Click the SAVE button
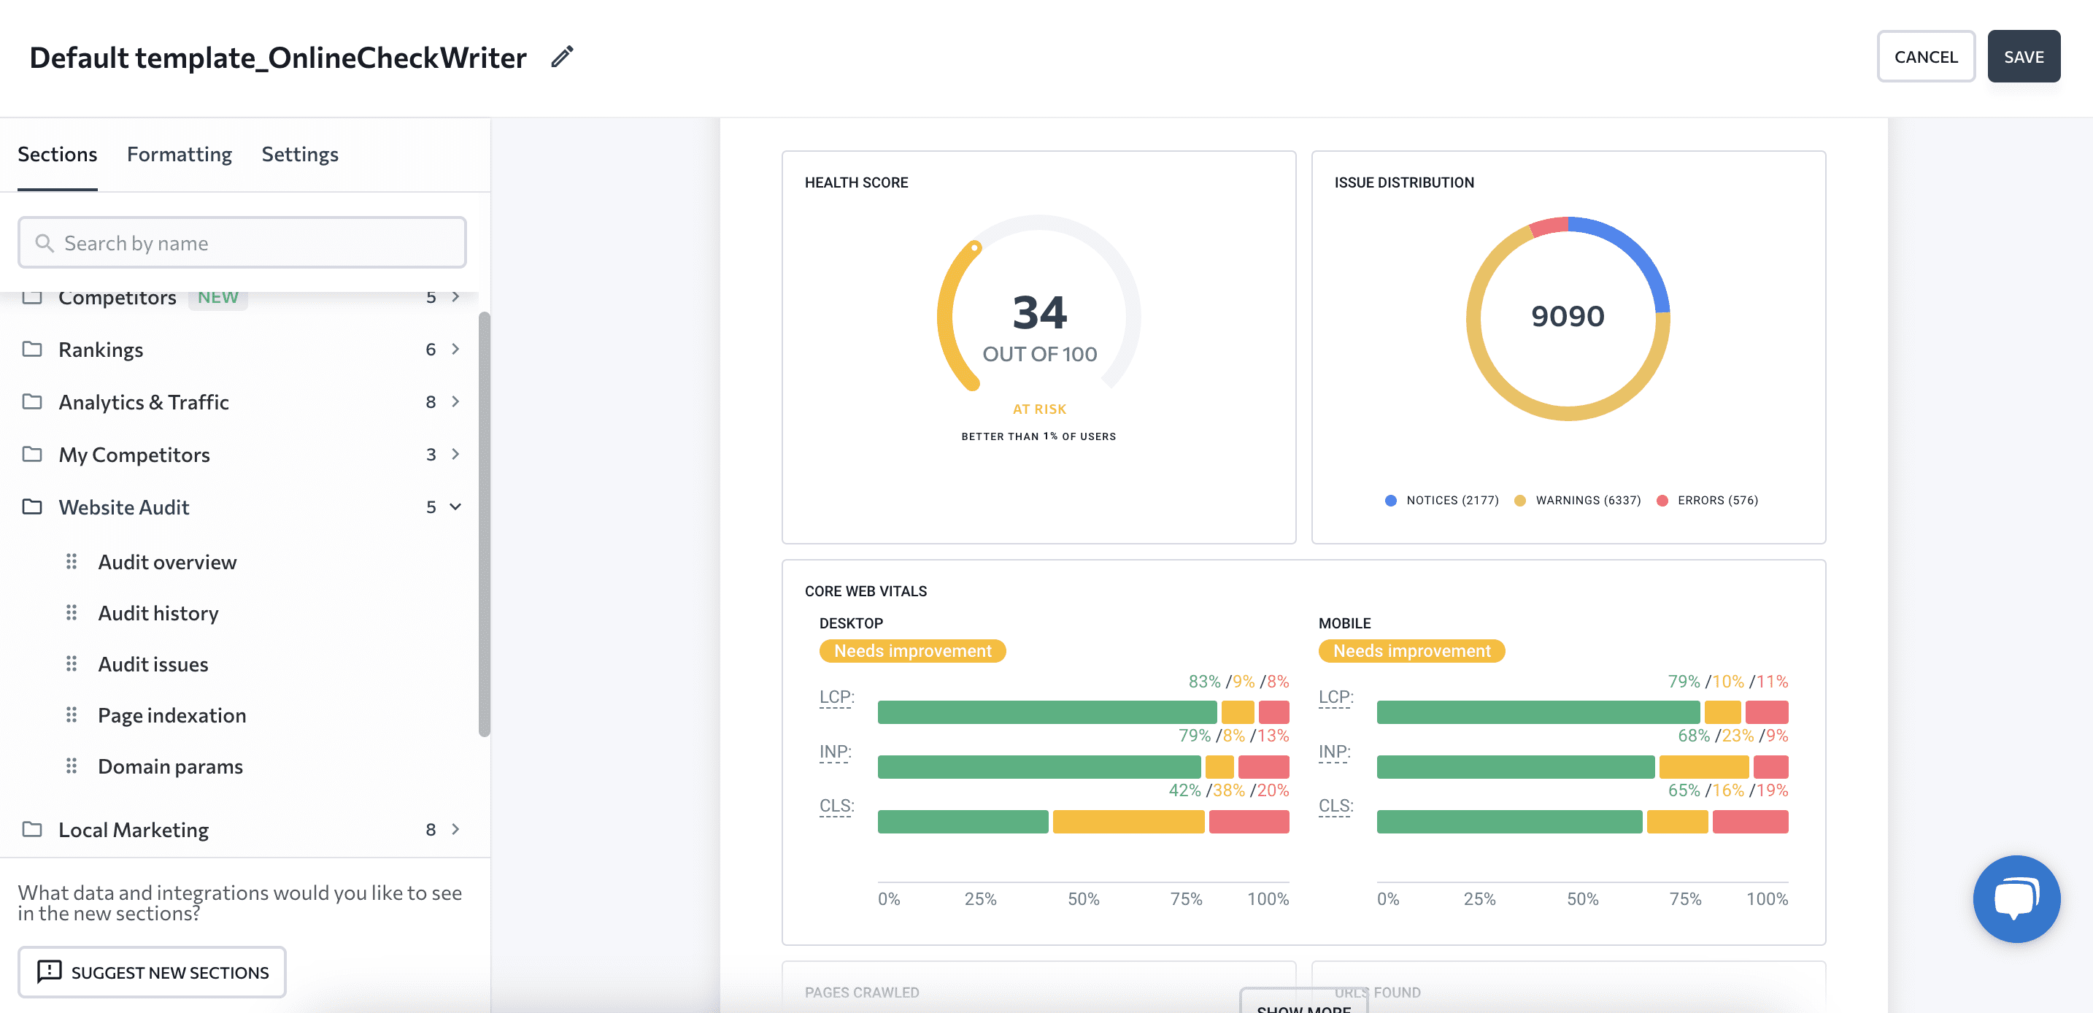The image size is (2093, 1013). (x=2022, y=57)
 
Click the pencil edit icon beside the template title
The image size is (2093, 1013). (x=561, y=57)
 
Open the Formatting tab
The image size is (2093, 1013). (x=179, y=154)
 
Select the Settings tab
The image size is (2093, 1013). (x=299, y=154)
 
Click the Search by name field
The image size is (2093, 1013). (x=242, y=243)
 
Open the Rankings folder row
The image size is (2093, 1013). (x=101, y=350)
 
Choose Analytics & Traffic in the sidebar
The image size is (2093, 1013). (x=143, y=402)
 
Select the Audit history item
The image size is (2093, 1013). (x=158, y=613)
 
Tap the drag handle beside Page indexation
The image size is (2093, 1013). (x=72, y=715)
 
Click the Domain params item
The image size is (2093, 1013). (x=170, y=766)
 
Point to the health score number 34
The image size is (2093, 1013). (x=1038, y=313)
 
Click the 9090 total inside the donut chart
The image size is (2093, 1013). (x=1567, y=316)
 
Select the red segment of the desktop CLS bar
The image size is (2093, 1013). (x=1248, y=821)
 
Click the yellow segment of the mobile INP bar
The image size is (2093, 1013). (x=1703, y=767)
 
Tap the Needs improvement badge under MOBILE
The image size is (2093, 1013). (x=1411, y=651)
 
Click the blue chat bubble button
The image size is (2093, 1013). (x=2016, y=898)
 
